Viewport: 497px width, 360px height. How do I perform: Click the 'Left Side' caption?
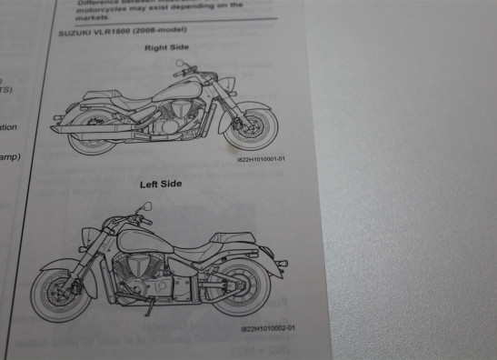pos(160,185)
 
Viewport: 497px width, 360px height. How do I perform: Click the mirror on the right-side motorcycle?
pos(181,64)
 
